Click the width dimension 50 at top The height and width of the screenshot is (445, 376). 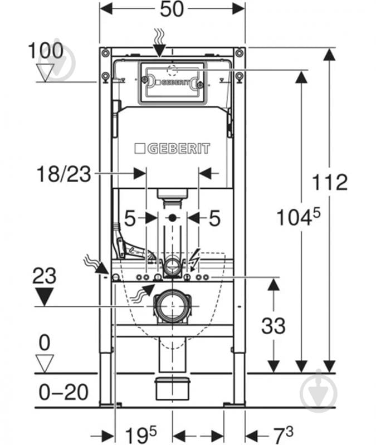pyautogui.click(x=172, y=9)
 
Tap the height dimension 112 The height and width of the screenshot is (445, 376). pyautogui.click(x=329, y=182)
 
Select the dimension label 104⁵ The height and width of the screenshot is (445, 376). pyautogui.click(x=298, y=217)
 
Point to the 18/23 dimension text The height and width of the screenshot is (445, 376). pyautogui.click(x=64, y=174)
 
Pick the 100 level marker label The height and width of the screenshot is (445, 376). pyautogui.click(x=46, y=51)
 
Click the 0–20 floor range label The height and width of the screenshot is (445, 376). pyautogui.click(x=64, y=392)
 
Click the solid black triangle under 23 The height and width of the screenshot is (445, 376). pyautogui.click(x=44, y=296)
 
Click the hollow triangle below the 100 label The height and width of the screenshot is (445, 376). pyautogui.click(x=45, y=72)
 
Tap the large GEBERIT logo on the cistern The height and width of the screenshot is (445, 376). pyautogui.click(x=172, y=149)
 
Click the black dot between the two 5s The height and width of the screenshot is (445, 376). pyautogui.click(x=172, y=218)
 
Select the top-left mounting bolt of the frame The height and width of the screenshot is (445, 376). pyautogui.click(x=105, y=52)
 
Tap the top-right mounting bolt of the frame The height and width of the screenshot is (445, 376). pyautogui.click(x=239, y=52)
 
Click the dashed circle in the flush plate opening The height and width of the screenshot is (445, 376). pyautogui.click(x=172, y=70)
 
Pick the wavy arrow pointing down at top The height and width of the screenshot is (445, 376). pyautogui.click(x=159, y=42)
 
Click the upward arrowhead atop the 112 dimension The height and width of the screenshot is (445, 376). pyautogui.click(x=329, y=54)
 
